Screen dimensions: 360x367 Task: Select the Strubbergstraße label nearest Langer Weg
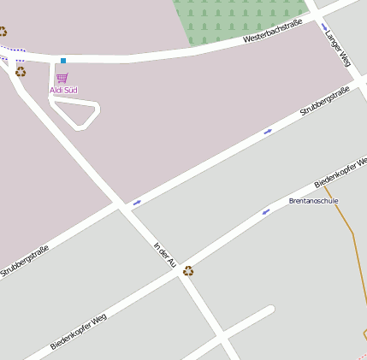[x=325, y=102]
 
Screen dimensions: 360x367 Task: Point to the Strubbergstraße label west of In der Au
[x=25, y=261]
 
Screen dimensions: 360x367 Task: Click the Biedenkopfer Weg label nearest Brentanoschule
[x=340, y=172]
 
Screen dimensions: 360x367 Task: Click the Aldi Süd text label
[x=63, y=90]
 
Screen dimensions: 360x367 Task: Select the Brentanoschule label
[x=314, y=201]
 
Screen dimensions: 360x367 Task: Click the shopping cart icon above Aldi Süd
[x=62, y=79]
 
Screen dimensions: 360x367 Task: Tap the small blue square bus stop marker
[x=63, y=60]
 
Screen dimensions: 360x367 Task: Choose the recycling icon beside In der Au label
[x=188, y=271]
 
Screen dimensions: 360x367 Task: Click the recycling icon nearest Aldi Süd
[x=21, y=72]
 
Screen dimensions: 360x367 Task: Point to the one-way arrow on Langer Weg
[x=325, y=27]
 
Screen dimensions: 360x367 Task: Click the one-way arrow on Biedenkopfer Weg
[x=265, y=211]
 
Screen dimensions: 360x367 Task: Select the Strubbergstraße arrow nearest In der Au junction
[x=137, y=202]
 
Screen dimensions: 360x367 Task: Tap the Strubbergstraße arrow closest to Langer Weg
[x=268, y=131]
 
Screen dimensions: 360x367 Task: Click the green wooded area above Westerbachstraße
[x=240, y=17]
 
